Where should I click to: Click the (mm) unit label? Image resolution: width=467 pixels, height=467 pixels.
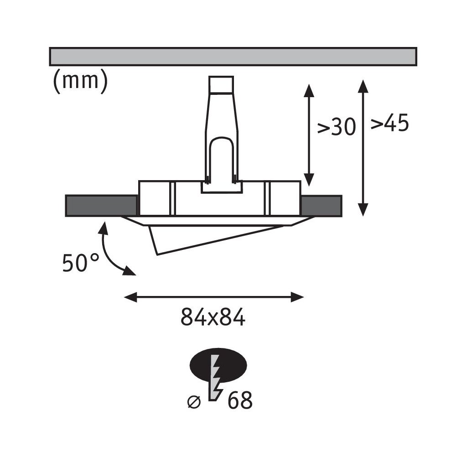click(80, 82)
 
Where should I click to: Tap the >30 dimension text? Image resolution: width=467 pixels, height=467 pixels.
click(336, 128)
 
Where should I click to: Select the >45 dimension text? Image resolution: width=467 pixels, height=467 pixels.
click(389, 124)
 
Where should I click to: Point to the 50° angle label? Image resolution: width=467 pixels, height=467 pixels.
click(80, 263)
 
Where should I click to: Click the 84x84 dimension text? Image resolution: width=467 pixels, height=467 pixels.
click(213, 317)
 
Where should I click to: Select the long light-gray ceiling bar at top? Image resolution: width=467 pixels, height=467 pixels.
click(233, 56)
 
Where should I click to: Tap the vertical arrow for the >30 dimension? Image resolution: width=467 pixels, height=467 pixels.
click(309, 135)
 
